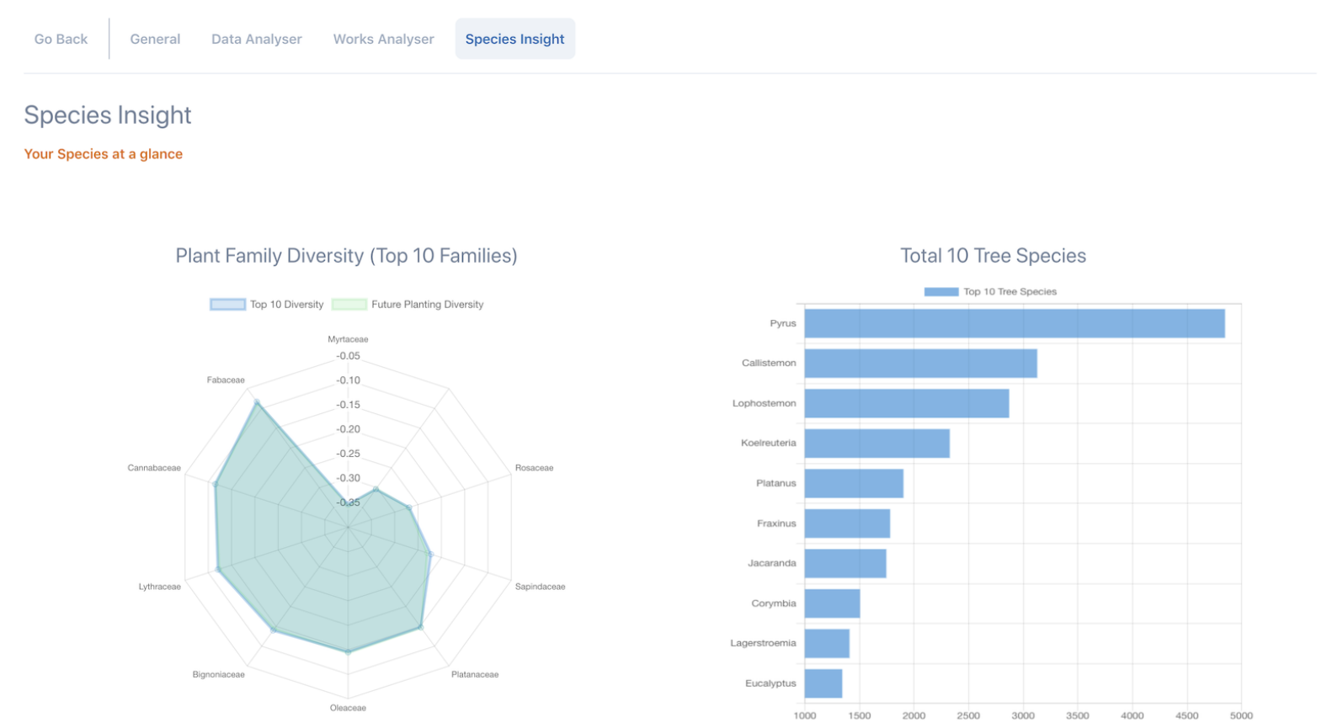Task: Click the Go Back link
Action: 61,40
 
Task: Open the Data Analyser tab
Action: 256,40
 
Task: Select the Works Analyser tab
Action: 383,40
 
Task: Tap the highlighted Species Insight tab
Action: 514,40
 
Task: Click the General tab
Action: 155,40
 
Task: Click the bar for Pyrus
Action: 1014,324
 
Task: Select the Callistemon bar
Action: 920,364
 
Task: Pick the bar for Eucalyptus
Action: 823,683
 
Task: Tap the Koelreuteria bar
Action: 877,444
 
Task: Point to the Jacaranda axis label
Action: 771,563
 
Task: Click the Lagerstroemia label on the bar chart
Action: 763,643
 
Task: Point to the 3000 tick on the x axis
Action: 1023,715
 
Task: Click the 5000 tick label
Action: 1241,715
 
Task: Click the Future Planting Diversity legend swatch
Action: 349,305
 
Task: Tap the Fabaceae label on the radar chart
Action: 226,380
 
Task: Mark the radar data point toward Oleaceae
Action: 348,651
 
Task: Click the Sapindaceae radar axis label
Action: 540,587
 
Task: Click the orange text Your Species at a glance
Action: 103,154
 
